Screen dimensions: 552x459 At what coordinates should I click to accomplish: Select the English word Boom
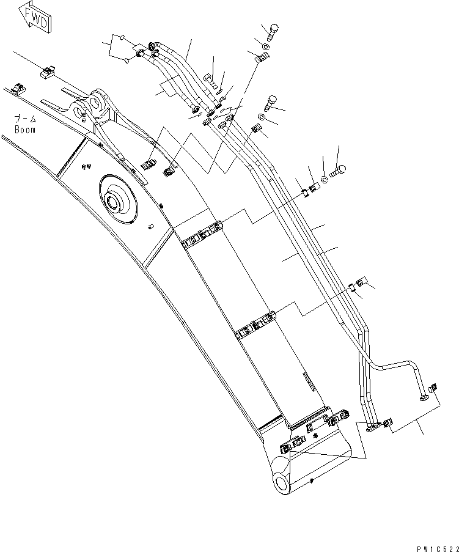click(25, 130)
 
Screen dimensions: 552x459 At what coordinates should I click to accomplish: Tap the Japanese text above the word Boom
click(25, 119)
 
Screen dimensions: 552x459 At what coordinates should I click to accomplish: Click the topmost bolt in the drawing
click(272, 30)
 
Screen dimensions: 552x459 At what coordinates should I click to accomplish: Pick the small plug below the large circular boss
click(150, 227)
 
